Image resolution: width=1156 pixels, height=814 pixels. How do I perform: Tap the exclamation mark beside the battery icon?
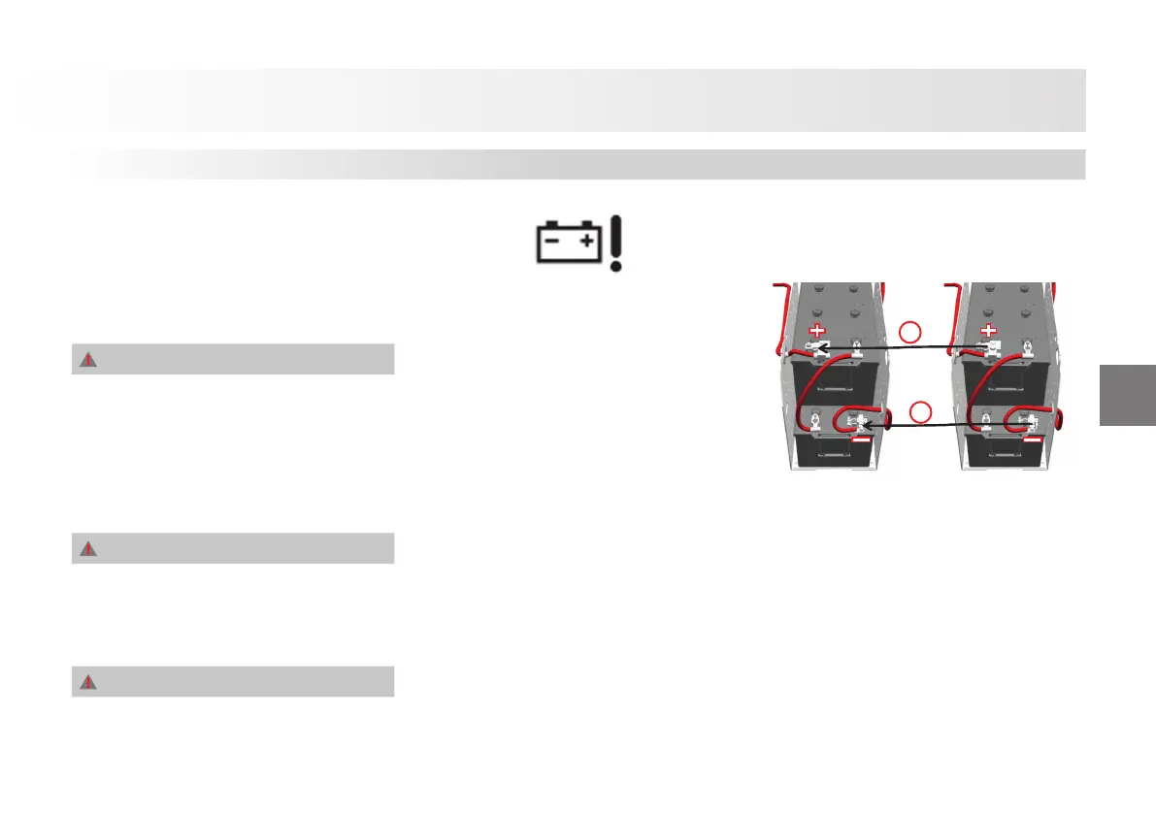click(x=615, y=243)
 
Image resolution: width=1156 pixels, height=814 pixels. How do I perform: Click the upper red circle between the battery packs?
click(x=909, y=333)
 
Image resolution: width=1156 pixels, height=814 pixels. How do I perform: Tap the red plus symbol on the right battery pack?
click(x=988, y=331)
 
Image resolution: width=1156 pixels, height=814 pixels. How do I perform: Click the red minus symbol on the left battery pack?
click(x=860, y=441)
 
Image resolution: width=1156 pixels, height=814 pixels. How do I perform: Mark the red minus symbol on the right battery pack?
click(x=1032, y=441)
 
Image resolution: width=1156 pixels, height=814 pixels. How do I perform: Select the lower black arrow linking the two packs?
click(x=922, y=425)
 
